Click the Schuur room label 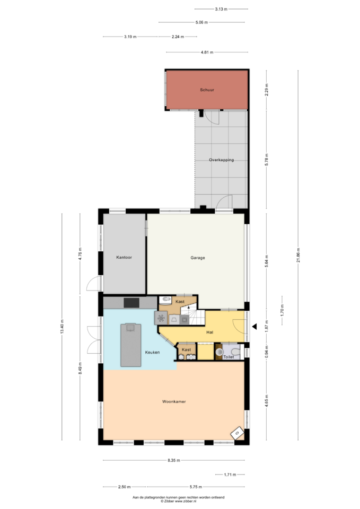click(x=207, y=90)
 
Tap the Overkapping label click(x=222, y=160)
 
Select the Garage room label click(x=198, y=258)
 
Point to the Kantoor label click(x=124, y=258)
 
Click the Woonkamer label click(x=174, y=401)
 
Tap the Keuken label click(x=152, y=352)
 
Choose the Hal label click(x=210, y=332)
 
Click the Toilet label click(x=229, y=357)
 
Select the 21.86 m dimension click(x=298, y=255)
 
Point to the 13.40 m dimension click(x=62, y=326)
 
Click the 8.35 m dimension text click(x=174, y=460)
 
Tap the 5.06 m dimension click(x=201, y=22)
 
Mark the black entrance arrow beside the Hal click(x=254, y=327)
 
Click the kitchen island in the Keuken click(x=131, y=345)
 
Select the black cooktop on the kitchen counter click(x=131, y=303)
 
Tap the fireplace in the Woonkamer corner click(x=237, y=433)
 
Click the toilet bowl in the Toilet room click(x=235, y=352)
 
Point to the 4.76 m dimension click(x=80, y=254)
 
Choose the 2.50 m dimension click(x=124, y=487)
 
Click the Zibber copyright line click(x=178, y=501)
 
